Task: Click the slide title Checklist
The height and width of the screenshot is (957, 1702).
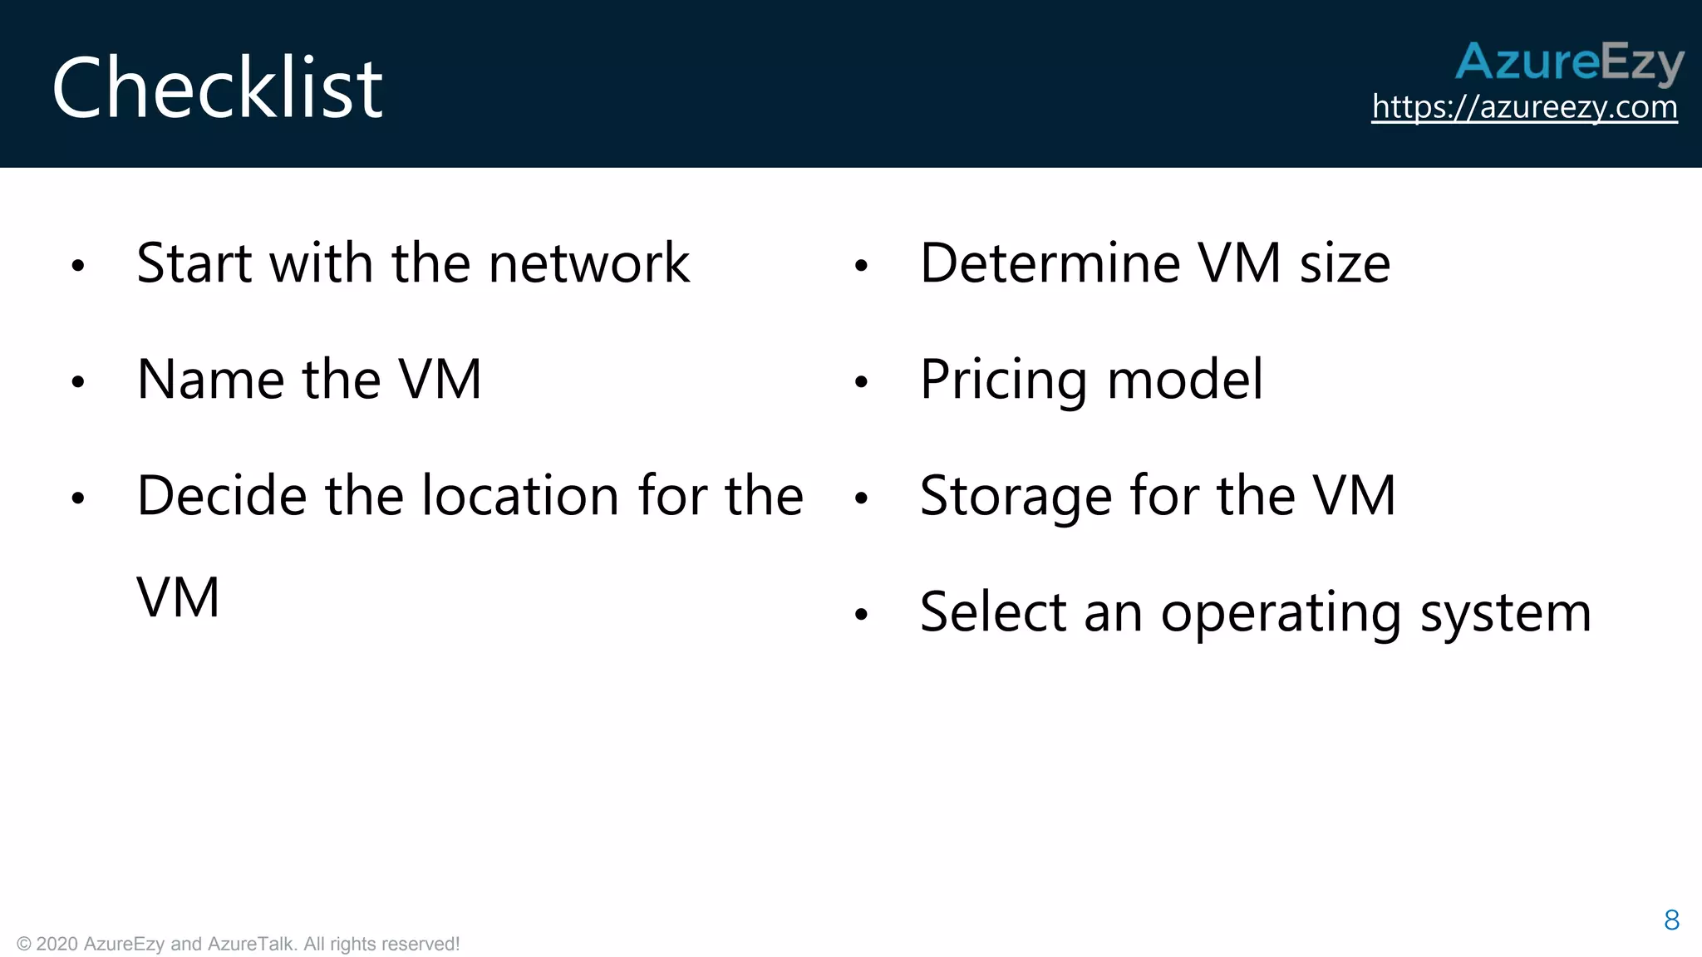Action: pos(218,88)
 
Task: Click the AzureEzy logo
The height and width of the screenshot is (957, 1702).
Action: pos(1569,62)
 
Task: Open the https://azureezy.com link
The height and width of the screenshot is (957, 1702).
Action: pos(1524,107)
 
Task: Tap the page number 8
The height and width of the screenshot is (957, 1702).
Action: pos(1672,920)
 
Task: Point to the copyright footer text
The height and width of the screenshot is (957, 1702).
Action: pos(239,944)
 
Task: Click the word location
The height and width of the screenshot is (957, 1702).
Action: pos(520,496)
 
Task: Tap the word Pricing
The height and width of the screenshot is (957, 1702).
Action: pos(1003,381)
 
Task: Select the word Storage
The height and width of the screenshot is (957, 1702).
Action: pos(1016,498)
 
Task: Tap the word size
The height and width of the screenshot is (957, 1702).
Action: pos(1345,263)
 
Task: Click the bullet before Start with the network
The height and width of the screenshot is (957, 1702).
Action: pos(78,266)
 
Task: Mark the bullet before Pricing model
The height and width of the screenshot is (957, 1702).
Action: pos(861,382)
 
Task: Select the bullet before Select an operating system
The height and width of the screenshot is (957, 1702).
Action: pos(861,615)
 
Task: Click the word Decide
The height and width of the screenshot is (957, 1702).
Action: pos(222,496)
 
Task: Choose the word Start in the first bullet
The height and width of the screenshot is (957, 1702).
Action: pos(194,263)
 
